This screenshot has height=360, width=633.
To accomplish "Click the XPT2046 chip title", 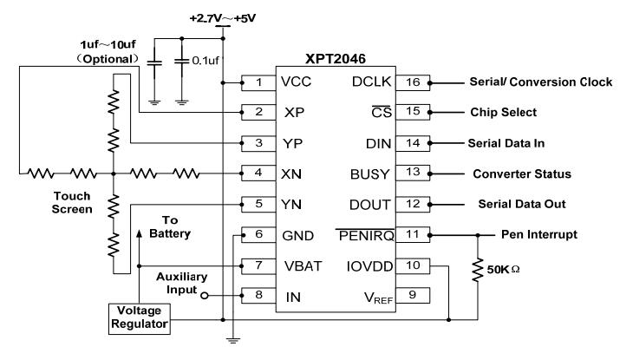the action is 336,59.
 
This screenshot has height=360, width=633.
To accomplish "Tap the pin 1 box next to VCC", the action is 258,82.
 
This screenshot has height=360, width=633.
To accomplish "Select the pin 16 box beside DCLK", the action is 413,82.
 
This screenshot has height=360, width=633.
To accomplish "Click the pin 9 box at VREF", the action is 413,295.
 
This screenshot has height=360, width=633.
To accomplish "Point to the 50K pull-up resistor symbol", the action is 478,270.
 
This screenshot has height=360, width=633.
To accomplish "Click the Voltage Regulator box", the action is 140,318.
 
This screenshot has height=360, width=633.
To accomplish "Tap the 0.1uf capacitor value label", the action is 206,61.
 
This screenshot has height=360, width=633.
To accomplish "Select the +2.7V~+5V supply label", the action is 223,18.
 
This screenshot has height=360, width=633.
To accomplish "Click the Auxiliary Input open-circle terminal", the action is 205,296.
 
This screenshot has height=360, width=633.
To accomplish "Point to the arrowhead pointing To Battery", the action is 140,233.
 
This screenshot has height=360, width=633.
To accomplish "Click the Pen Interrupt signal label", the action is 539,235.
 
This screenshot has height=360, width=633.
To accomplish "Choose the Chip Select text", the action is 504,112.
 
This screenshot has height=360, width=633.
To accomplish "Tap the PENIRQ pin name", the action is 366,236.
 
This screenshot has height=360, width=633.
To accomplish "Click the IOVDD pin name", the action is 369,266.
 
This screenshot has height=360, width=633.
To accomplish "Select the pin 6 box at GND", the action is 258,235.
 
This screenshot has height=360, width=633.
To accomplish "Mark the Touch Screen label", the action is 72,203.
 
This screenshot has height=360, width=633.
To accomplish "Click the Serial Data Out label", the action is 522,204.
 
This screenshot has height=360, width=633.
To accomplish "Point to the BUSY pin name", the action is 369,174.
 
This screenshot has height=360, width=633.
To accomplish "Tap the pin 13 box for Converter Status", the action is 413,173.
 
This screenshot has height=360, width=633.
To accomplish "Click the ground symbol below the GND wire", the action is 233,340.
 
